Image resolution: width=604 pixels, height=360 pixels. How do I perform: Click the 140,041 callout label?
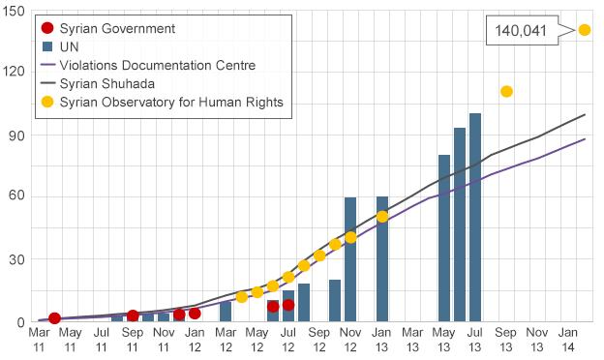521,30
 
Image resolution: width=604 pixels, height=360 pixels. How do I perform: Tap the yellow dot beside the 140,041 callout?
585,30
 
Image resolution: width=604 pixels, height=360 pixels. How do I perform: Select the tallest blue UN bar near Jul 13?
475,217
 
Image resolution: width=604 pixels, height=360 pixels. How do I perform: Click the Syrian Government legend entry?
117,28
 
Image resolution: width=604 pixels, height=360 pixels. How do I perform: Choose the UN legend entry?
69,46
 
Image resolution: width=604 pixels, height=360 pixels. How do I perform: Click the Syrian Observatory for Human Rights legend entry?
170,102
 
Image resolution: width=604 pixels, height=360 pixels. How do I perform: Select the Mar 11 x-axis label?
39,339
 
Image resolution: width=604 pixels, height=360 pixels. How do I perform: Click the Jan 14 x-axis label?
569,339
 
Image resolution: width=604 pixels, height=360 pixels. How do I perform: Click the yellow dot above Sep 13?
506,92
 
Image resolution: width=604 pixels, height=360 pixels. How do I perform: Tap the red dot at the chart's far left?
54,318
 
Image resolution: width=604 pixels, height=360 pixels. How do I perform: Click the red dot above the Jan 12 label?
195,313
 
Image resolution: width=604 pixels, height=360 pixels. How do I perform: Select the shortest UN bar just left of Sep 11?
117,317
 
